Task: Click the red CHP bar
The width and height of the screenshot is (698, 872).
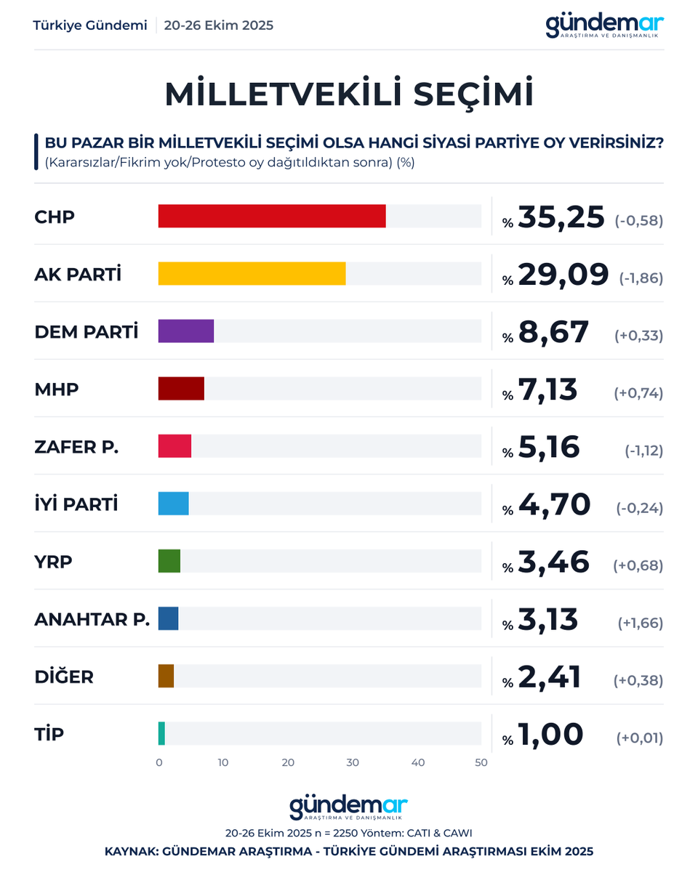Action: (x=272, y=217)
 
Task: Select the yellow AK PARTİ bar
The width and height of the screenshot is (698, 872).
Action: (x=252, y=274)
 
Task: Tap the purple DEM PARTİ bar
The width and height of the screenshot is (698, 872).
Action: (x=186, y=331)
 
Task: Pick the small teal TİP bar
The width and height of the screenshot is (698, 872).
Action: (x=161, y=733)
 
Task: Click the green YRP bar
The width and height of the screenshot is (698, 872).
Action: (x=169, y=561)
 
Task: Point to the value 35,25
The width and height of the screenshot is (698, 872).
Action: (x=561, y=217)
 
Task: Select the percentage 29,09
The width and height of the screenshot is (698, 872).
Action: (x=563, y=275)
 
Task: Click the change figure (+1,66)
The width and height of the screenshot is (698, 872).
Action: (x=640, y=623)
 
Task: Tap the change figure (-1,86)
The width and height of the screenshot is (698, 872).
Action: (x=641, y=278)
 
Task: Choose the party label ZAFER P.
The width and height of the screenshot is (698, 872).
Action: (x=76, y=447)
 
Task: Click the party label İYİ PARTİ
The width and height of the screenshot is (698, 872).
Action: (x=76, y=504)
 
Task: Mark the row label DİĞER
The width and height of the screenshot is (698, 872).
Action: (x=64, y=677)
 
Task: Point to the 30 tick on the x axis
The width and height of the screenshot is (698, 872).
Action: (x=353, y=763)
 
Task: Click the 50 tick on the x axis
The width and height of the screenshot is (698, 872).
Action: (x=481, y=763)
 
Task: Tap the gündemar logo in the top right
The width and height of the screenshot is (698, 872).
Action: (x=604, y=26)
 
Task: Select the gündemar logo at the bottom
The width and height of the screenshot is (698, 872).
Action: (x=349, y=808)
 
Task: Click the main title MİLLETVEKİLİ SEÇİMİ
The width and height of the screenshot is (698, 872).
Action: (x=349, y=95)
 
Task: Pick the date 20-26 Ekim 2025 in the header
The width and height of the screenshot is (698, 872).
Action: (x=219, y=25)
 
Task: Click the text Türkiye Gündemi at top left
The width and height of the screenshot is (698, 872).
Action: (x=90, y=25)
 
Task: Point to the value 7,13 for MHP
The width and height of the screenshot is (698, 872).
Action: (x=547, y=389)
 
